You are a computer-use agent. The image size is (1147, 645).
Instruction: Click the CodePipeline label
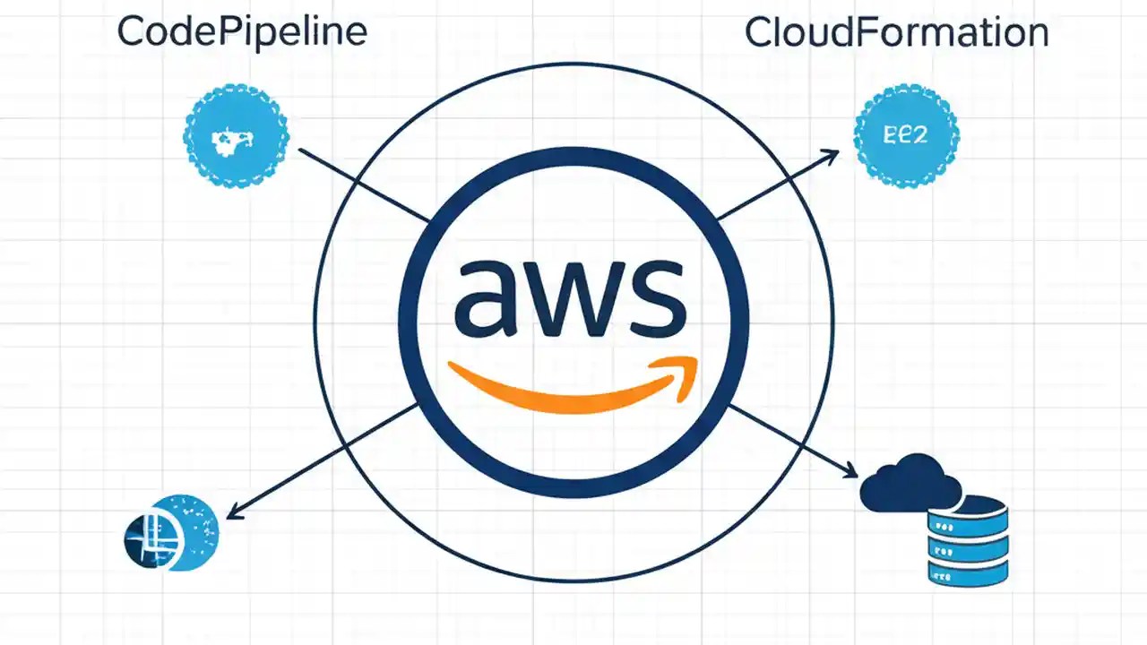pos(242,33)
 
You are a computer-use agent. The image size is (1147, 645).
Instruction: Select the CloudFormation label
pos(896,33)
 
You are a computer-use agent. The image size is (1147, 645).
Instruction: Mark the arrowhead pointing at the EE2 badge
pos(831,156)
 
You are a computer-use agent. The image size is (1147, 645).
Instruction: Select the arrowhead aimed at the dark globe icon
pos(234,513)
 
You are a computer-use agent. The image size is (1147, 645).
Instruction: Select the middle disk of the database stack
pos(969,542)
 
